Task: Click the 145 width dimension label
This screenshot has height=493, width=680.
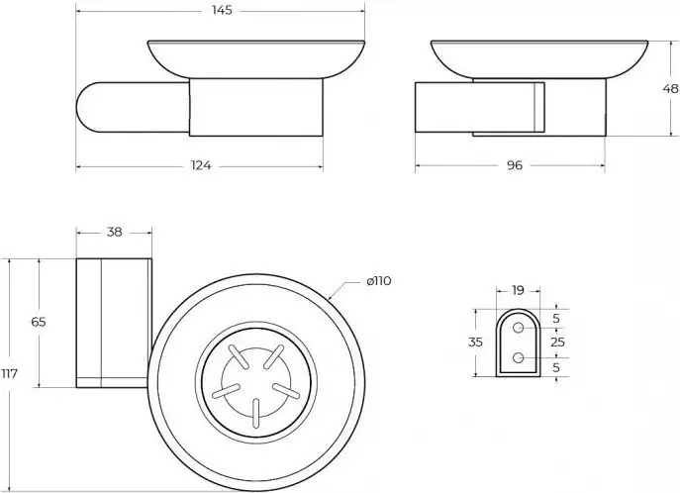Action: (222, 10)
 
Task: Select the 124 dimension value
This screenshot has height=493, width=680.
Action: (200, 165)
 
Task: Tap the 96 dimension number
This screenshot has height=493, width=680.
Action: (515, 165)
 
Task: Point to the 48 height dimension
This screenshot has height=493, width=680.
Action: (670, 88)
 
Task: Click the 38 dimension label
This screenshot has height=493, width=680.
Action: (115, 232)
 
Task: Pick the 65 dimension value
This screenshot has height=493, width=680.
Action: (39, 322)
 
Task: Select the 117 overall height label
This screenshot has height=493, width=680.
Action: (9, 373)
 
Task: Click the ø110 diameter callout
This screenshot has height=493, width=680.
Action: (379, 281)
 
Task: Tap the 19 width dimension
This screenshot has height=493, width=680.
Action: (519, 290)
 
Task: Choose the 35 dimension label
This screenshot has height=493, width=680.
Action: (475, 343)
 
